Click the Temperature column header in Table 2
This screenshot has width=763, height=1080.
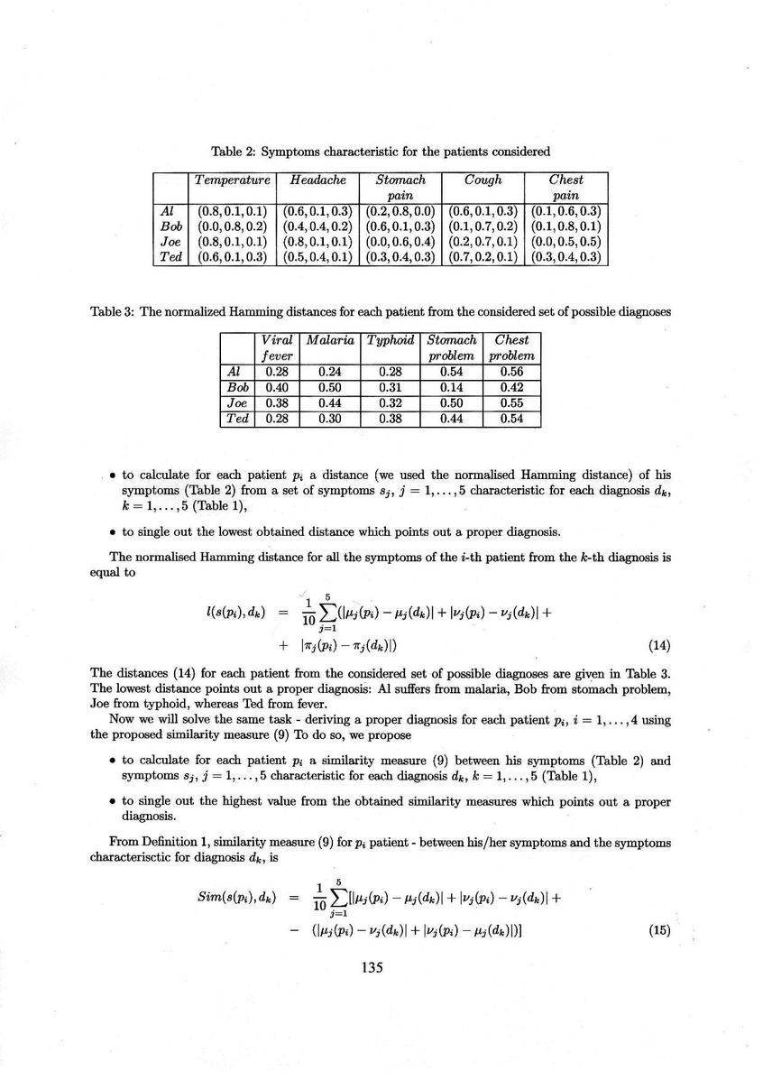(233, 180)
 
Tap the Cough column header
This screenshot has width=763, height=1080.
(484, 180)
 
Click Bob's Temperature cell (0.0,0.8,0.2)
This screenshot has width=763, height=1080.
(233, 226)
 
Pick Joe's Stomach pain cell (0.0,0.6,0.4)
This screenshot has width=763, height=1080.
(400, 242)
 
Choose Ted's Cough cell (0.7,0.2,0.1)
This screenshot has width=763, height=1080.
(484, 257)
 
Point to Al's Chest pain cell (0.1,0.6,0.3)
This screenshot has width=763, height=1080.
(566, 211)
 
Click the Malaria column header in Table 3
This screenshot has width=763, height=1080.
(329, 340)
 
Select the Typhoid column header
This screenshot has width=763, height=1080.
(391, 340)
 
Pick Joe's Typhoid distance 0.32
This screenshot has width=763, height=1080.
(391, 402)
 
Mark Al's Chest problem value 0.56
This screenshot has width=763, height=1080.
(511, 371)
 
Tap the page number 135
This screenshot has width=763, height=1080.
(372, 967)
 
